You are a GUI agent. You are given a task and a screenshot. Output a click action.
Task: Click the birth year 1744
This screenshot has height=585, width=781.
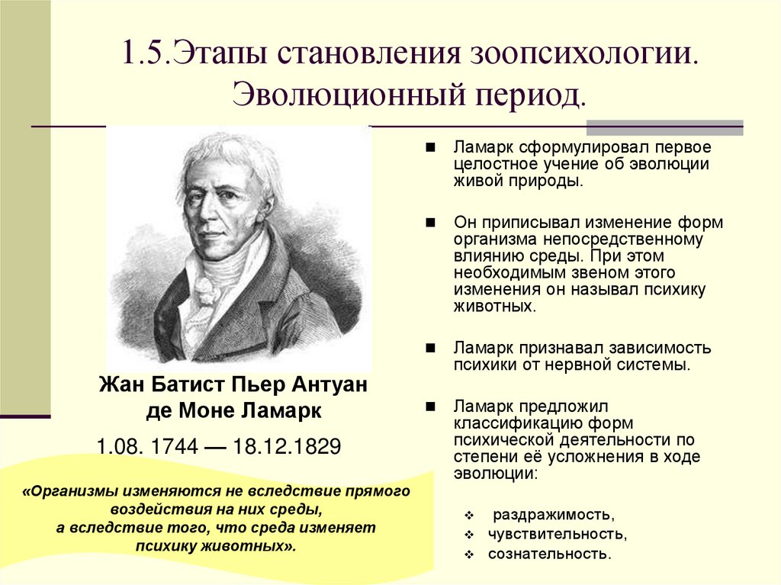click(x=172, y=446)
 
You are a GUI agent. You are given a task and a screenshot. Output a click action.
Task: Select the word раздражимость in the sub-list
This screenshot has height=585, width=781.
click(x=552, y=513)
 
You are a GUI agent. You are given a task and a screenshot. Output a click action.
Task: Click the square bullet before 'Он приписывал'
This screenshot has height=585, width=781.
click(x=431, y=222)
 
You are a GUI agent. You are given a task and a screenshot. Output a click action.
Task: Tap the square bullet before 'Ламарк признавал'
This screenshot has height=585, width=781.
click(x=431, y=347)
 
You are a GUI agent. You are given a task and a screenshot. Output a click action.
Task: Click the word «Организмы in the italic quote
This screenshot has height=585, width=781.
click(x=72, y=491)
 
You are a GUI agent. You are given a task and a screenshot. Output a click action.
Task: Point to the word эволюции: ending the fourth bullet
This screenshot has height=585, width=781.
click(x=496, y=473)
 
